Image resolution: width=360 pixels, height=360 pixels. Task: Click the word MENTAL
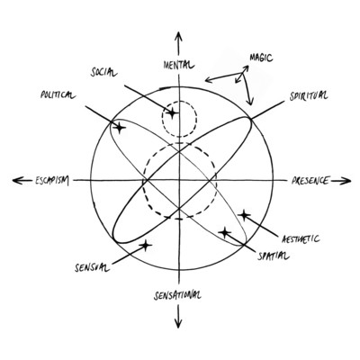pos(179,65)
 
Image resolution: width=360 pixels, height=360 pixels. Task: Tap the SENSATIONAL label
pos(177,295)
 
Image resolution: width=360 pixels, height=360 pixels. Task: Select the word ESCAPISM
pos(52,181)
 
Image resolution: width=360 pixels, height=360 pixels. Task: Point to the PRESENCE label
pos(310,180)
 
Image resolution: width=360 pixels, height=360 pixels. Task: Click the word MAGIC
pos(261,58)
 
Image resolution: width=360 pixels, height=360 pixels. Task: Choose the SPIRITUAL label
pos(309,95)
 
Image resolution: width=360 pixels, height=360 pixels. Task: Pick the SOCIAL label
pos(103,72)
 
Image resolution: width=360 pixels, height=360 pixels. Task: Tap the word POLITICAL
pos(58,94)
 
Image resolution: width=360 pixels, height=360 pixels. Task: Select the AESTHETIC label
pos(301,239)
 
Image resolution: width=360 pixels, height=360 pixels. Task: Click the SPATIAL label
pos(274,256)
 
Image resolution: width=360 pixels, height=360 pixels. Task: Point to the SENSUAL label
pos(92,267)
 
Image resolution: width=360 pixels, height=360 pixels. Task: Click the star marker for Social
pos(172,113)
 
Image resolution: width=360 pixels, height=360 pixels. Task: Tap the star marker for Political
pos(120,128)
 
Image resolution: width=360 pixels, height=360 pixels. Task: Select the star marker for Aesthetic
pos(244,215)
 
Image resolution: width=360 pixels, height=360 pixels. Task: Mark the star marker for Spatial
pos(225,232)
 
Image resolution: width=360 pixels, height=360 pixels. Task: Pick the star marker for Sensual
pos(146,246)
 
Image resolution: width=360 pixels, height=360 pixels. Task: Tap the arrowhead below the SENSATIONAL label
pos(178,323)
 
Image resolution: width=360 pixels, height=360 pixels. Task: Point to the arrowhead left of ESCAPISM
pos(18,180)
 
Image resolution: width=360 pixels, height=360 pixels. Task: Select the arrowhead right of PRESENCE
pos(346,181)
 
